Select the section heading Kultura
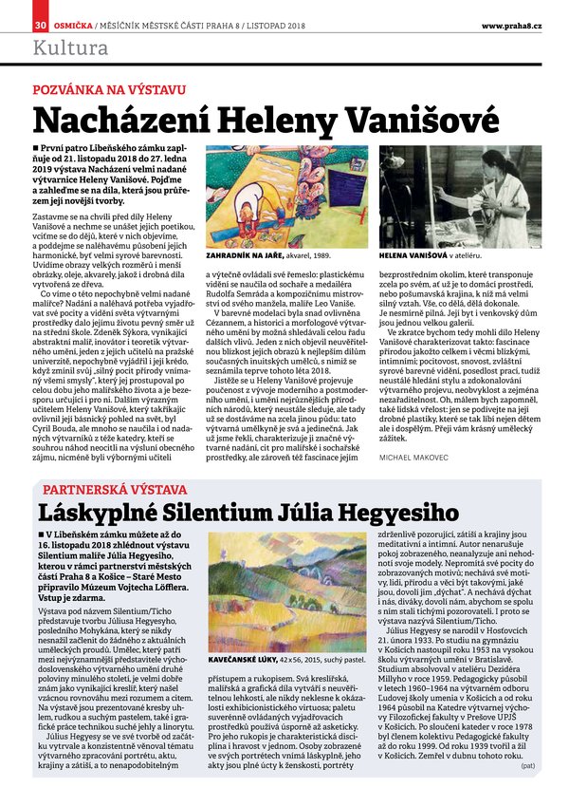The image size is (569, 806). point(69,47)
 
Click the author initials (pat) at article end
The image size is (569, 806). point(527,791)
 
